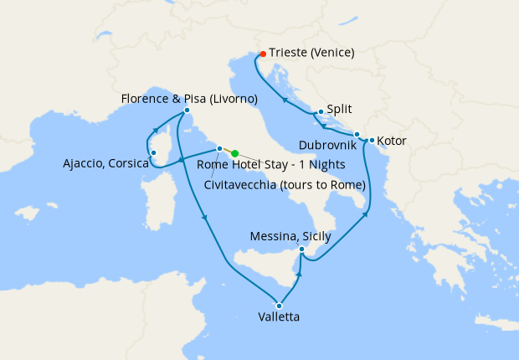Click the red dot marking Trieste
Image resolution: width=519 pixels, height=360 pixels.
262,52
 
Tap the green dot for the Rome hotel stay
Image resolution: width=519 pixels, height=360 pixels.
234,153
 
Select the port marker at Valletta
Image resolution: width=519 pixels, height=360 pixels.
280,305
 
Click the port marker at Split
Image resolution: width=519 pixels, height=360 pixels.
321,111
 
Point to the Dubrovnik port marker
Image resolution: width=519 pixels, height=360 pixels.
357,134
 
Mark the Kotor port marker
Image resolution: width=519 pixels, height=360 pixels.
371,140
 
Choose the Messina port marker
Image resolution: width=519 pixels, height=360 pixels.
303,249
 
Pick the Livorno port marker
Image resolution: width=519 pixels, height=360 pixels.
187,111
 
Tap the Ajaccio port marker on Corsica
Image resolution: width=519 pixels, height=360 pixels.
152,152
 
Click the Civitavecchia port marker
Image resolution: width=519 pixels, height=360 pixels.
219,149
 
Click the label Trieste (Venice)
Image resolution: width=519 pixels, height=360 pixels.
311,52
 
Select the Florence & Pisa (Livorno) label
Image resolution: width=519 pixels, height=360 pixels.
189,99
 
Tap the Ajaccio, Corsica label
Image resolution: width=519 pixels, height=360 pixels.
105,163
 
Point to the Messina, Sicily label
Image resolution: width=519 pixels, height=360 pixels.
290,237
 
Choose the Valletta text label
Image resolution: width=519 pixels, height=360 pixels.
280,317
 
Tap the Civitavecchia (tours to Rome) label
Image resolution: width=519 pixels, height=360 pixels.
285,184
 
